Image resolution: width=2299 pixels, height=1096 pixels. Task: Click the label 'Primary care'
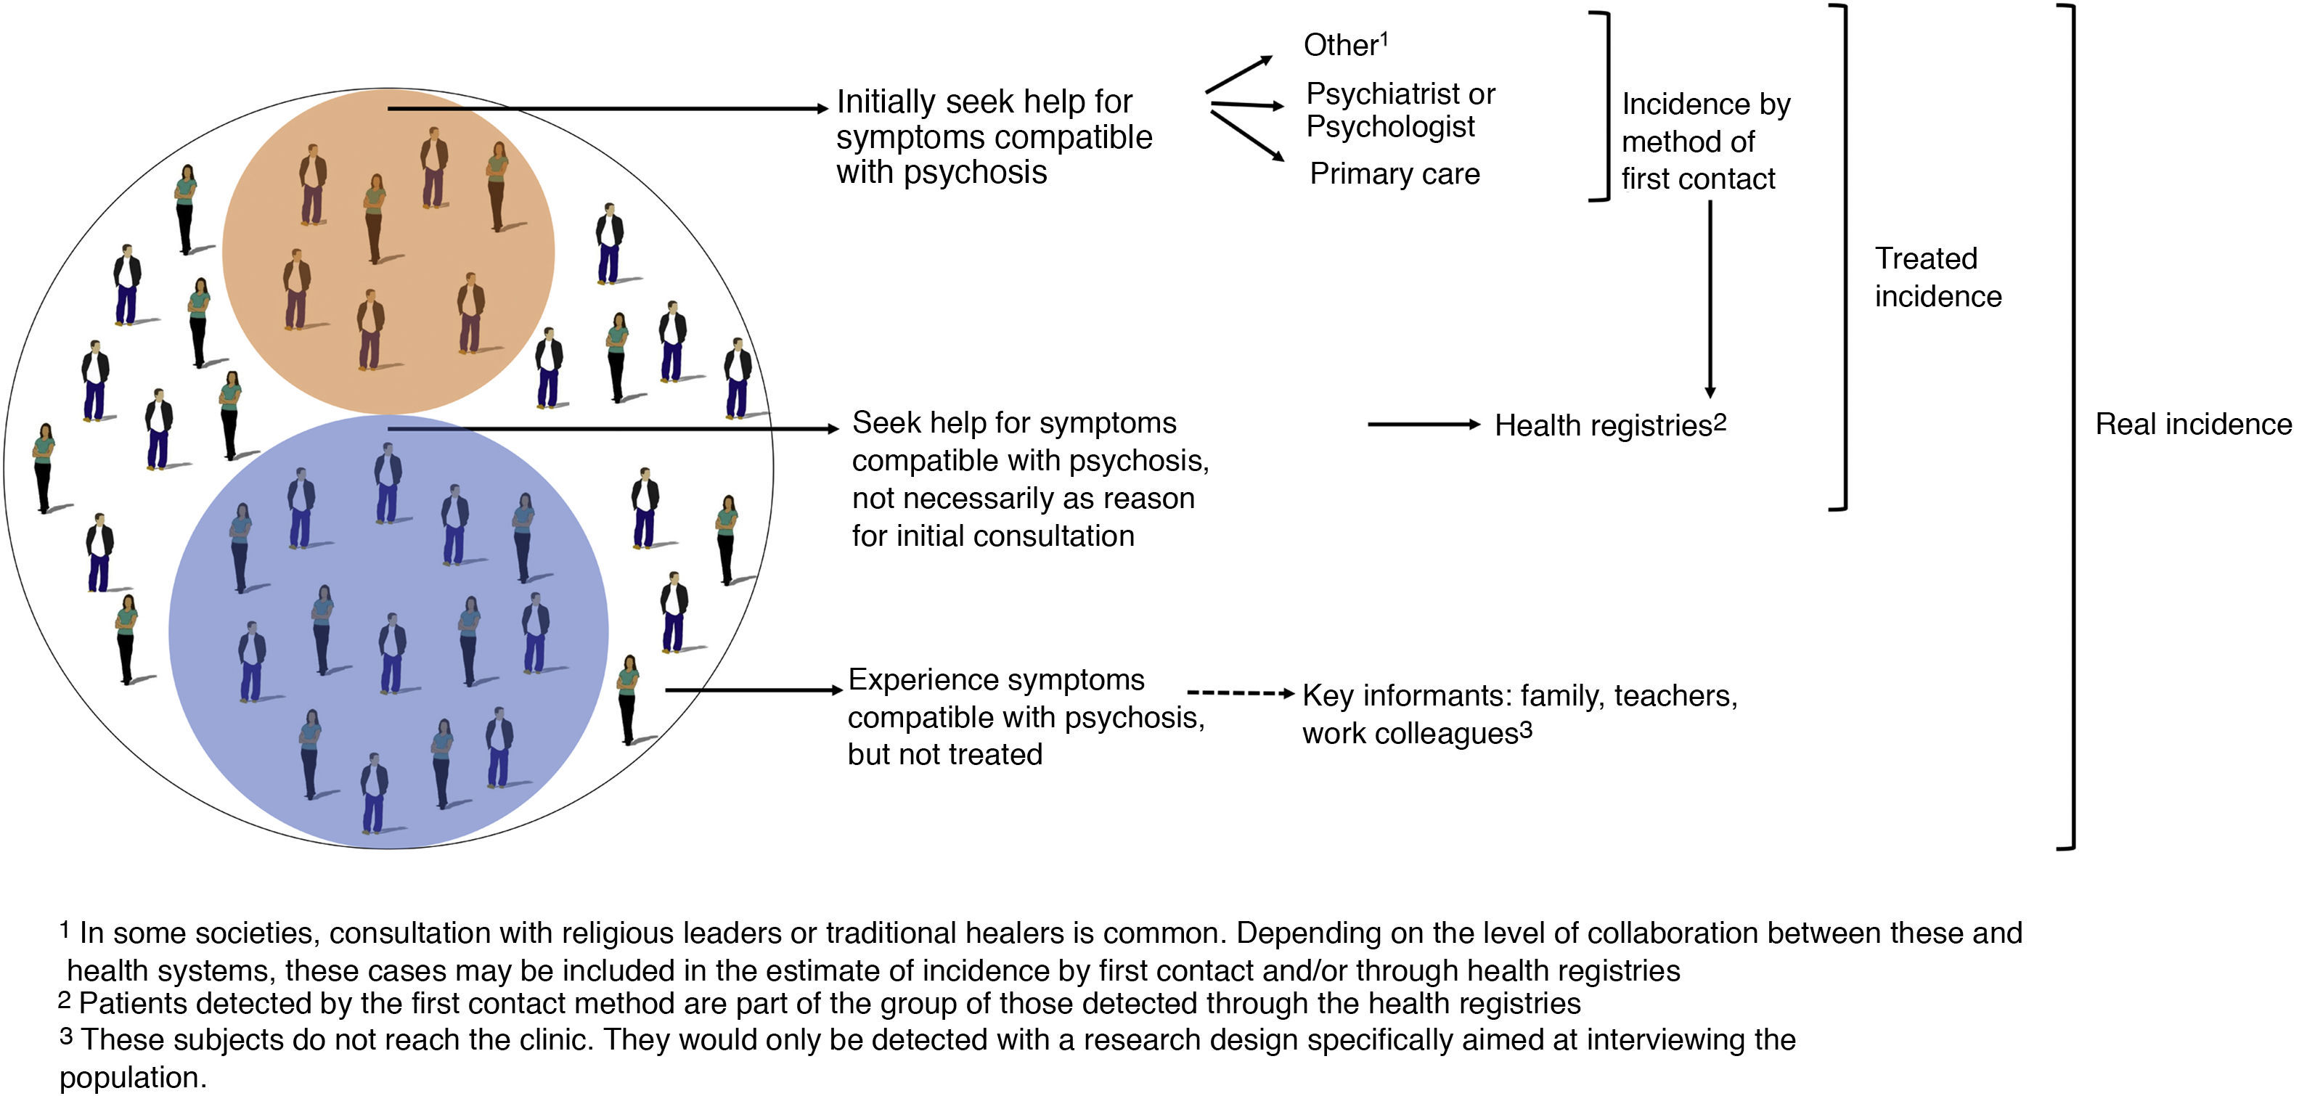click(x=1394, y=174)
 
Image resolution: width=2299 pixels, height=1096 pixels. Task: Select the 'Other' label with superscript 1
click(x=1344, y=44)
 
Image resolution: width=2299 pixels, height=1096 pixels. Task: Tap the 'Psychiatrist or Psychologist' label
click(x=1400, y=110)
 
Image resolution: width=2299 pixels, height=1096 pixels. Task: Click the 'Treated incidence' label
click(x=1937, y=277)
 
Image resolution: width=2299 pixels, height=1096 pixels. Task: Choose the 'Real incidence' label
click(x=2192, y=424)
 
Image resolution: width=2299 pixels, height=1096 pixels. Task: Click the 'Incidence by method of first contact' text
click(x=1704, y=141)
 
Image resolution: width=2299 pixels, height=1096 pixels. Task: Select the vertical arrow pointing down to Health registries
click(x=1710, y=299)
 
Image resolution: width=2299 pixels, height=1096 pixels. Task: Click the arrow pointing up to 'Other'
click(x=1238, y=74)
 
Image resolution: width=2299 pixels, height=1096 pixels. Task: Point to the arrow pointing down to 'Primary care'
click(x=1247, y=136)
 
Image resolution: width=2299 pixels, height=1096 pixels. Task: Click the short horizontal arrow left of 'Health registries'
click(x=1423, y=425)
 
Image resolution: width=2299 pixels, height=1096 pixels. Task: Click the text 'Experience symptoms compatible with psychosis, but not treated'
click(x=1024, y=716)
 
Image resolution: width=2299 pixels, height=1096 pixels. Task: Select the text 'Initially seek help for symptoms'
click(x=984, y=102)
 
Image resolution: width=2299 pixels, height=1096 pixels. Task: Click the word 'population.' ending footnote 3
click(x=133, y=1077)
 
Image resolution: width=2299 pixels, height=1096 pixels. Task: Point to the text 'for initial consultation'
click(x=992, y=536)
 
